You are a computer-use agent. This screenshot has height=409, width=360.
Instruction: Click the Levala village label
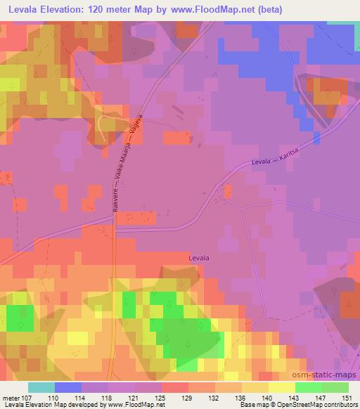pos(199,258)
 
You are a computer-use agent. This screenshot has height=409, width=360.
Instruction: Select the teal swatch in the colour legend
pos(41,387)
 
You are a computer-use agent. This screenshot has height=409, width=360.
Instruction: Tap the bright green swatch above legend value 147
pos(309,387)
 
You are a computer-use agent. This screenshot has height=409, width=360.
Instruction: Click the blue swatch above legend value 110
pos(68,387)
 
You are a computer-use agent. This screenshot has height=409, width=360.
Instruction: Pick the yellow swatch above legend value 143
pos(282,387)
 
